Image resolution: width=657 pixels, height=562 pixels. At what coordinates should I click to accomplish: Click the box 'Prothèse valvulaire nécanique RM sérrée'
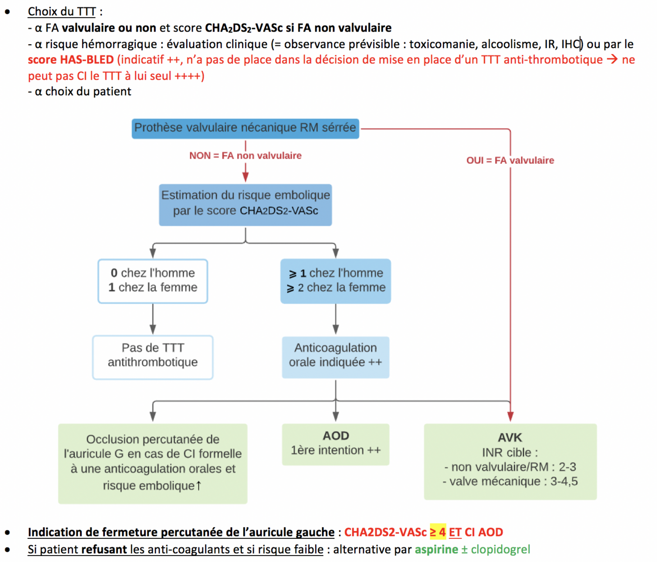[x=245, y=128]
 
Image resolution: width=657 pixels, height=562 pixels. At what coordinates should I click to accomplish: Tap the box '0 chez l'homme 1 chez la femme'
[x=153, y=281]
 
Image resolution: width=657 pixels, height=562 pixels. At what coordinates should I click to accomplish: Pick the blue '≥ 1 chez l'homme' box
[x=335, y=281]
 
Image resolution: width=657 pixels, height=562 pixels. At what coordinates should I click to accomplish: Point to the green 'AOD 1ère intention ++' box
[x=335, y=443]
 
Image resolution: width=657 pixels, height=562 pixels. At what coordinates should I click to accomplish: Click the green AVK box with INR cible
[x=510, y=461]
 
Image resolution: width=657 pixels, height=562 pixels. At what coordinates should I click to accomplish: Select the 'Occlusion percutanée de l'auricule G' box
[x=153, y=463]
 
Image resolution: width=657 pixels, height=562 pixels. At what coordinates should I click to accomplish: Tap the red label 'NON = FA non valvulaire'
[x=245, y=156]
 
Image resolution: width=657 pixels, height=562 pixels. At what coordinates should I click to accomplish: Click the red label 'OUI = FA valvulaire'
[x=510, y=160]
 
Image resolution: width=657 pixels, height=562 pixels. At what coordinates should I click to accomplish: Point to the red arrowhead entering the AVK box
[x=510, y=416]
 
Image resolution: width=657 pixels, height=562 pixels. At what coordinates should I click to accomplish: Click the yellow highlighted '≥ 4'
[x=437, y=532]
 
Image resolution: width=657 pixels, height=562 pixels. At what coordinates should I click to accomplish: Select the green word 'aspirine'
[x=436, y=549]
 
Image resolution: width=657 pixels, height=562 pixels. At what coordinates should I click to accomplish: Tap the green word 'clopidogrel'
[x=500, y=549]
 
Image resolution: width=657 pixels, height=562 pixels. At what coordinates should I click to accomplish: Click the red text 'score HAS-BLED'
[x=70, y=60]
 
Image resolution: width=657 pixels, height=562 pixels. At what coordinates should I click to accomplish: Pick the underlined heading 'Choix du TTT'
[x=62, y=11]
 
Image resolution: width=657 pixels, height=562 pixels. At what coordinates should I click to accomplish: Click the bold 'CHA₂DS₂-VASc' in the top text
[x=244, y=28]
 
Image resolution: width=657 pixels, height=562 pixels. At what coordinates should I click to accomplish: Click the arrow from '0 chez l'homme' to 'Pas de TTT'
[x=153, y=319]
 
